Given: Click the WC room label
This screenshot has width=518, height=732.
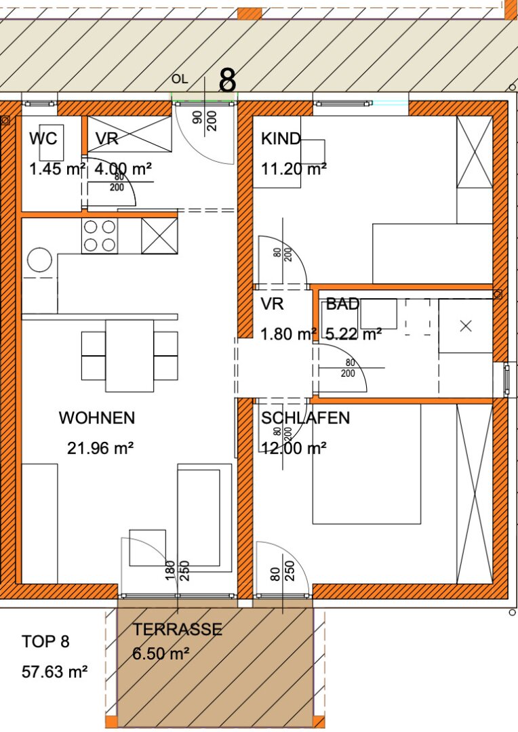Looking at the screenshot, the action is [43, 139].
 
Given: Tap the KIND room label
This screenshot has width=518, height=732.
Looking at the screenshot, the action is [281, 139].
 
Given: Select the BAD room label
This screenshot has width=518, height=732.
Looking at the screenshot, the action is [343, 304].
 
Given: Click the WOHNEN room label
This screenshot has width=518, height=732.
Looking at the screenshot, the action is [97, 418].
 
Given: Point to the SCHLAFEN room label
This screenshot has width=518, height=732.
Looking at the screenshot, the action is [306, 418].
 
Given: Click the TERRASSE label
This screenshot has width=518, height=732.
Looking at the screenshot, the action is [178, 629].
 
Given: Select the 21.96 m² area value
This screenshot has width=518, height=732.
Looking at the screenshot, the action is [100, 448].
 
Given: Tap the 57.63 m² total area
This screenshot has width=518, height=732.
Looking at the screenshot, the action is [55, 672].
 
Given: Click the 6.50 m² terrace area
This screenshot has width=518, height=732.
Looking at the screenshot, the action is [161, 653].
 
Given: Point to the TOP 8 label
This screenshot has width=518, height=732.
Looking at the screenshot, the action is [45, 641].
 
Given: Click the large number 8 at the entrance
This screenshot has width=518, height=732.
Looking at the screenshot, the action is [227, 80].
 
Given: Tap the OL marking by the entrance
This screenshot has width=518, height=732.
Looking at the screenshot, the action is [180, 79].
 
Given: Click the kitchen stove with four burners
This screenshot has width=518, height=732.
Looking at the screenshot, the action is [100, 237].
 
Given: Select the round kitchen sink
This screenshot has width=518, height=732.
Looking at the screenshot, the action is [40, 260].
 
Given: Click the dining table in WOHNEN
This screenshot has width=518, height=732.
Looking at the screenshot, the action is [129, 356].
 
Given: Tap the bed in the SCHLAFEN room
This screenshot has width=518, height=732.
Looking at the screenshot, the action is [367, 464].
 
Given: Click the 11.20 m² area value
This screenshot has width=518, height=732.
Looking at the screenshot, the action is [294, 169].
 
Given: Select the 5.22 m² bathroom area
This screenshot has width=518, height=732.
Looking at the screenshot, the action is [353, 334].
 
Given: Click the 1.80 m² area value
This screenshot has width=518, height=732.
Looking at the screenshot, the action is [289, 334].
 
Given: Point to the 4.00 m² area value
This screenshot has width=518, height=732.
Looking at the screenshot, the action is [123, 169].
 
